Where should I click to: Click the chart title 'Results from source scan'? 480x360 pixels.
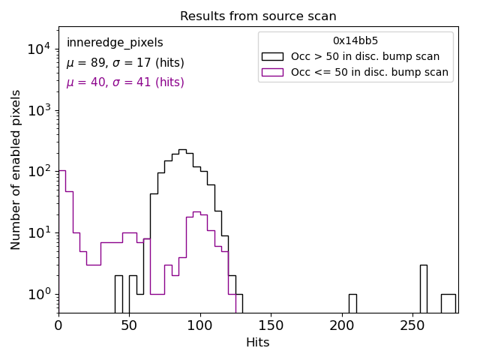tap(258, 16)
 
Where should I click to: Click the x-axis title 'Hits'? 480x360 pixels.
tap(258, 343)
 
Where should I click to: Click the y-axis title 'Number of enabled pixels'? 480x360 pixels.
tap(16, 169)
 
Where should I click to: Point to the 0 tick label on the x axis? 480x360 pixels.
tap(58, 325)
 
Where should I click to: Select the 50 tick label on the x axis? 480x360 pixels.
tap(129, 325)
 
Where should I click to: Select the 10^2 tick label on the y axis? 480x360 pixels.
tap(37, 172)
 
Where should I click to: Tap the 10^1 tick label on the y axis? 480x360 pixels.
tap(37, 233)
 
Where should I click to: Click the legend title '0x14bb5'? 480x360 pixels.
tap(355, 41)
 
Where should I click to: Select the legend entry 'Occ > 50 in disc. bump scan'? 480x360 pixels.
tap(365, 56)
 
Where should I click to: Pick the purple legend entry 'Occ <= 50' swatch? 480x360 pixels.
tap(272, 73)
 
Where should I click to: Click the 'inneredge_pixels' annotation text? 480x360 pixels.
tap(115, 43)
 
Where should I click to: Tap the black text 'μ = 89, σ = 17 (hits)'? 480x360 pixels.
tap(125, 63)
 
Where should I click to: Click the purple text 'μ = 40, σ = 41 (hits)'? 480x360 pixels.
tap(125, 82)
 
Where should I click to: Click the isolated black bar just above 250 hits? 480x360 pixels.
tap(423, 289)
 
